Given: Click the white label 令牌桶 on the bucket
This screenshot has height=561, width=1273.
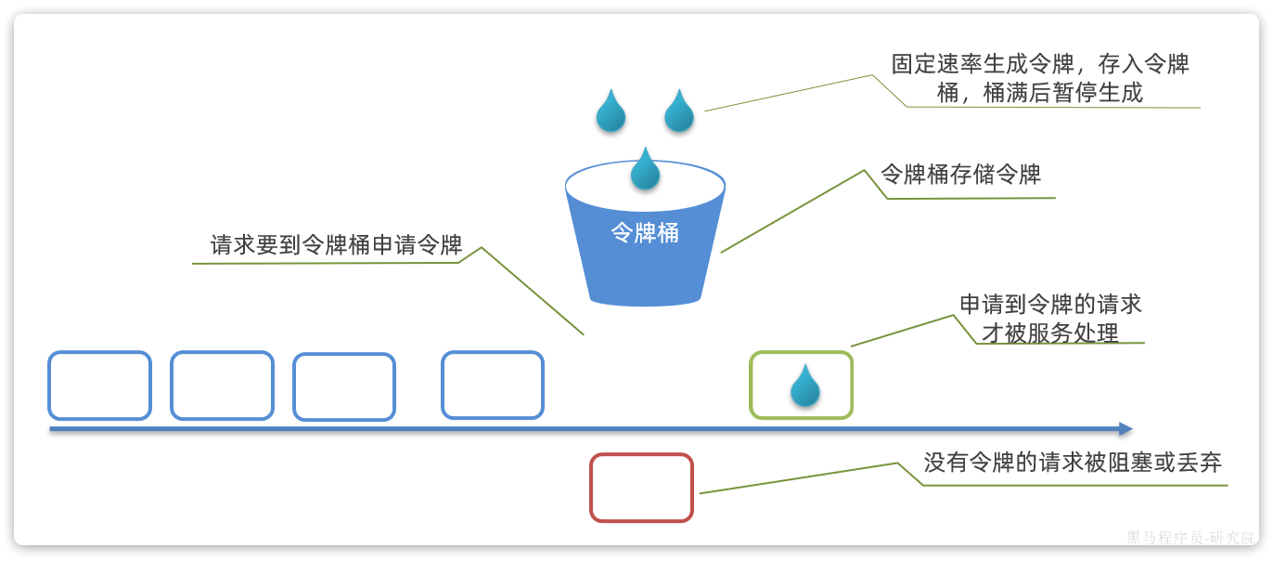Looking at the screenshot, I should click(645, 233).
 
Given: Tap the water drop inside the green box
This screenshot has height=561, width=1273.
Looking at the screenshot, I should click(804, 385).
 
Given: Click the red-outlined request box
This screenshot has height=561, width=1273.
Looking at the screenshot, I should click(641, 488).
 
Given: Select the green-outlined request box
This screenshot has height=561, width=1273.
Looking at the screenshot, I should click(801, 385).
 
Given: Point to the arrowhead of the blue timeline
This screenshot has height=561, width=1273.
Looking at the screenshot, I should click(1125, 429).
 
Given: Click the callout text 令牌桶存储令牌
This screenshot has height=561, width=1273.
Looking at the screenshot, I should click(960, 175).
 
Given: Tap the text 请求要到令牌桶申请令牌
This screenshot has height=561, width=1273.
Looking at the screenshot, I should click(336, 245).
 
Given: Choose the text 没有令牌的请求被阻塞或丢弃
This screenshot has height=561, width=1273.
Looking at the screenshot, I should click(1073, 463).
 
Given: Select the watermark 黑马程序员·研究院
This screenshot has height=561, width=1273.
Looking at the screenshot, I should click(1190, 538).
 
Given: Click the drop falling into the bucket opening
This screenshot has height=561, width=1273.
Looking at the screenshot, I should click(645, 169).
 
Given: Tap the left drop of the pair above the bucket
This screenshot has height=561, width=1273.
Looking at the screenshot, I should click(611, 111).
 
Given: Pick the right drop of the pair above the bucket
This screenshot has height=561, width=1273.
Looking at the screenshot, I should click(679, 111).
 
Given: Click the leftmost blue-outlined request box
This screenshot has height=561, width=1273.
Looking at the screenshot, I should click(99, 385).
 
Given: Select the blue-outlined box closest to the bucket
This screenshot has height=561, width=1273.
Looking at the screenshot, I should click(492, 385).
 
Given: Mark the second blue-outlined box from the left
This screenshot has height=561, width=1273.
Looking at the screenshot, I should click(222, 385).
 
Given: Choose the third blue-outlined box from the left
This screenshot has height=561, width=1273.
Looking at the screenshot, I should click(344, 386).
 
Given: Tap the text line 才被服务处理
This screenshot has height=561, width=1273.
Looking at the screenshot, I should click(1050, 333).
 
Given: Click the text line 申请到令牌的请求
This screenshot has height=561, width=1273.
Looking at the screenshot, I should click(1050, 305).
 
